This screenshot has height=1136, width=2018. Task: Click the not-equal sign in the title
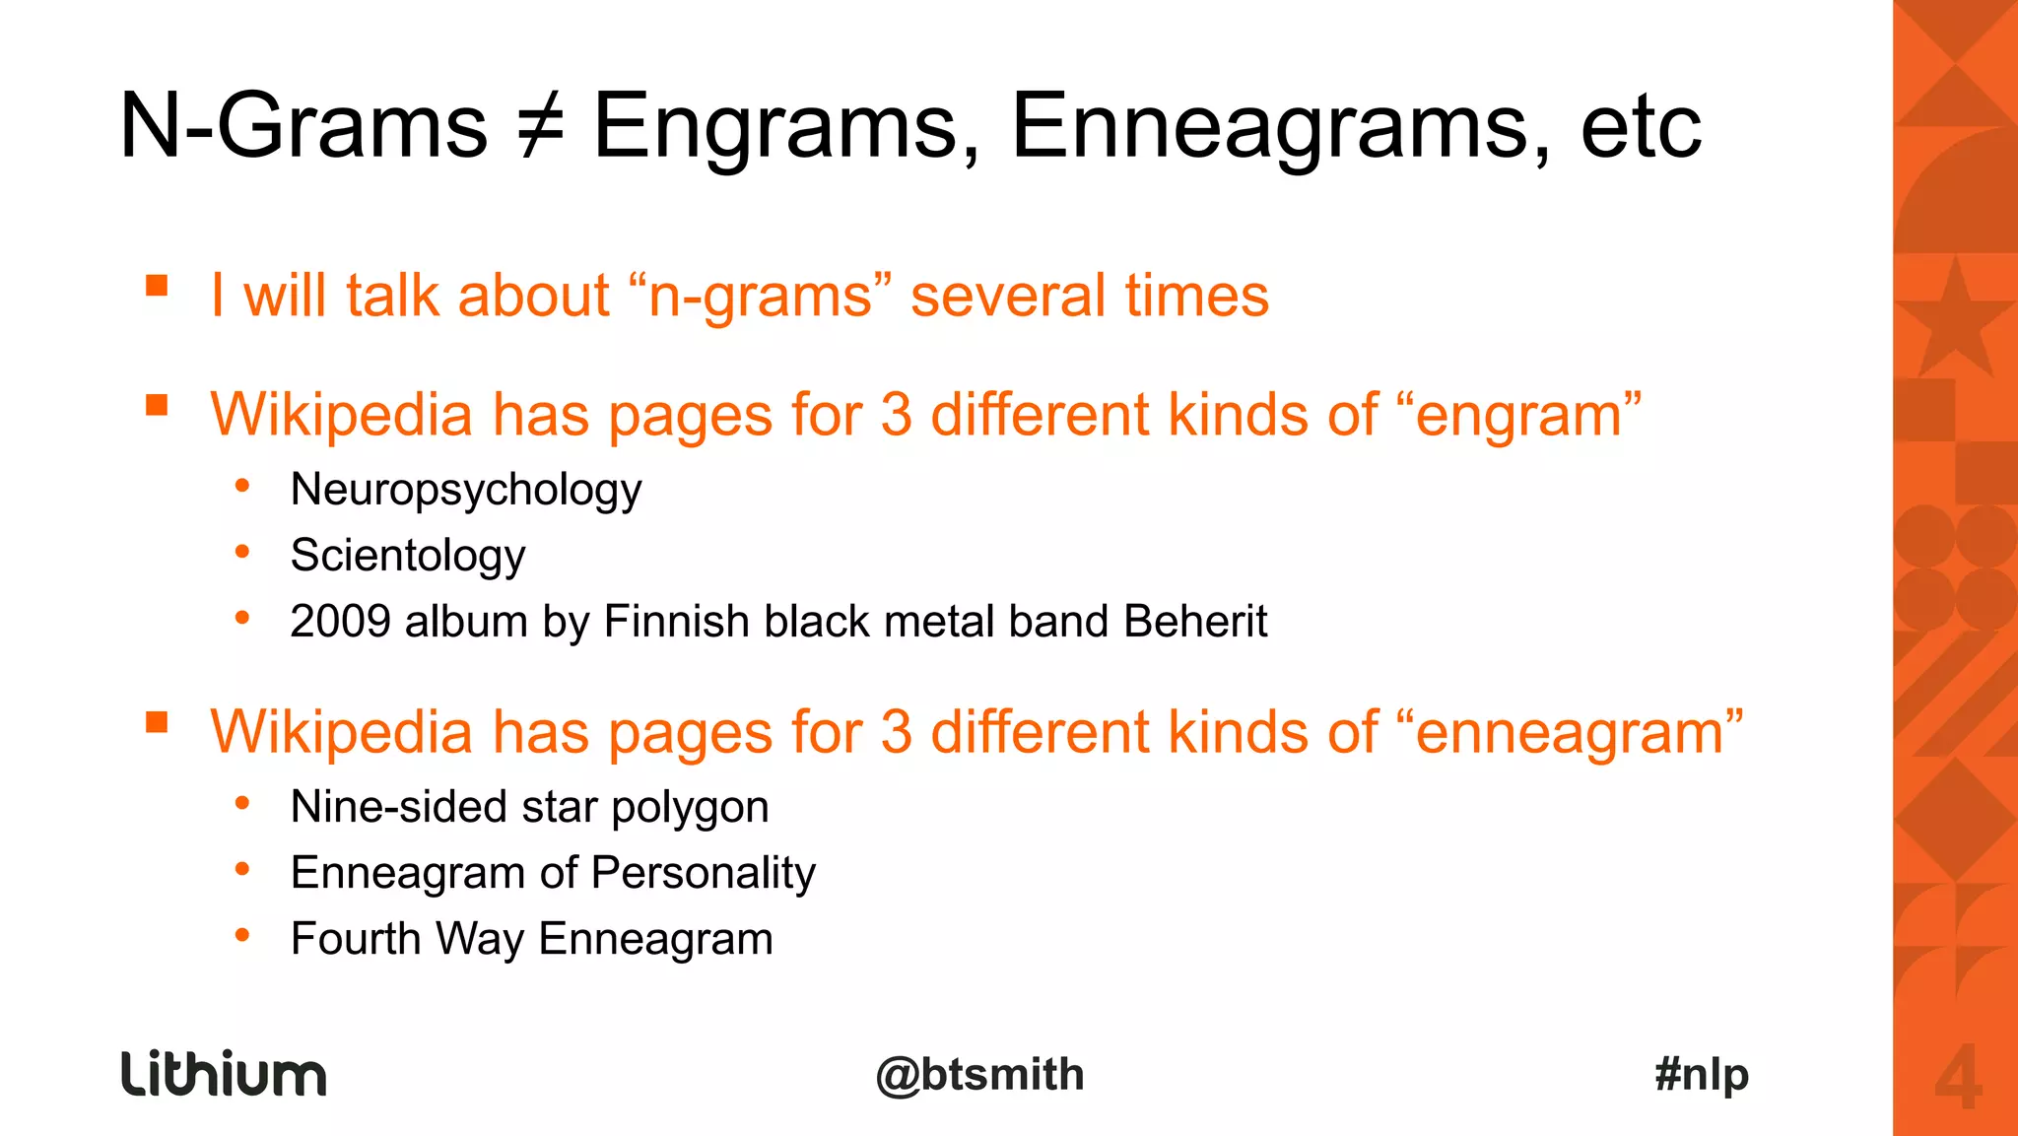541,127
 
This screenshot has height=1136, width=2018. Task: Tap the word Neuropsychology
466,490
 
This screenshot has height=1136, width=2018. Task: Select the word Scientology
408,556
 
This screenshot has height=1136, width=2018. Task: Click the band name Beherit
1194,622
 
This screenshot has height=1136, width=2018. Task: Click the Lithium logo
224,1073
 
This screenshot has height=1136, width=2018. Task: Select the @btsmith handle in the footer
979,1074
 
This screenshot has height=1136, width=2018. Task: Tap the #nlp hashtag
1702,1074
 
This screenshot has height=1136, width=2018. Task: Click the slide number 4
1957,1079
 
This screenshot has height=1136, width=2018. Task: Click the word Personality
704,873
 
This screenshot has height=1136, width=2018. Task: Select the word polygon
690,808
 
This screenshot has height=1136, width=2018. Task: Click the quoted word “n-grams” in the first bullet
759,296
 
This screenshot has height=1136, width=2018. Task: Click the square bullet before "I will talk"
157,286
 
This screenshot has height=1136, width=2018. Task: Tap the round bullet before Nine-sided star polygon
242,803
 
